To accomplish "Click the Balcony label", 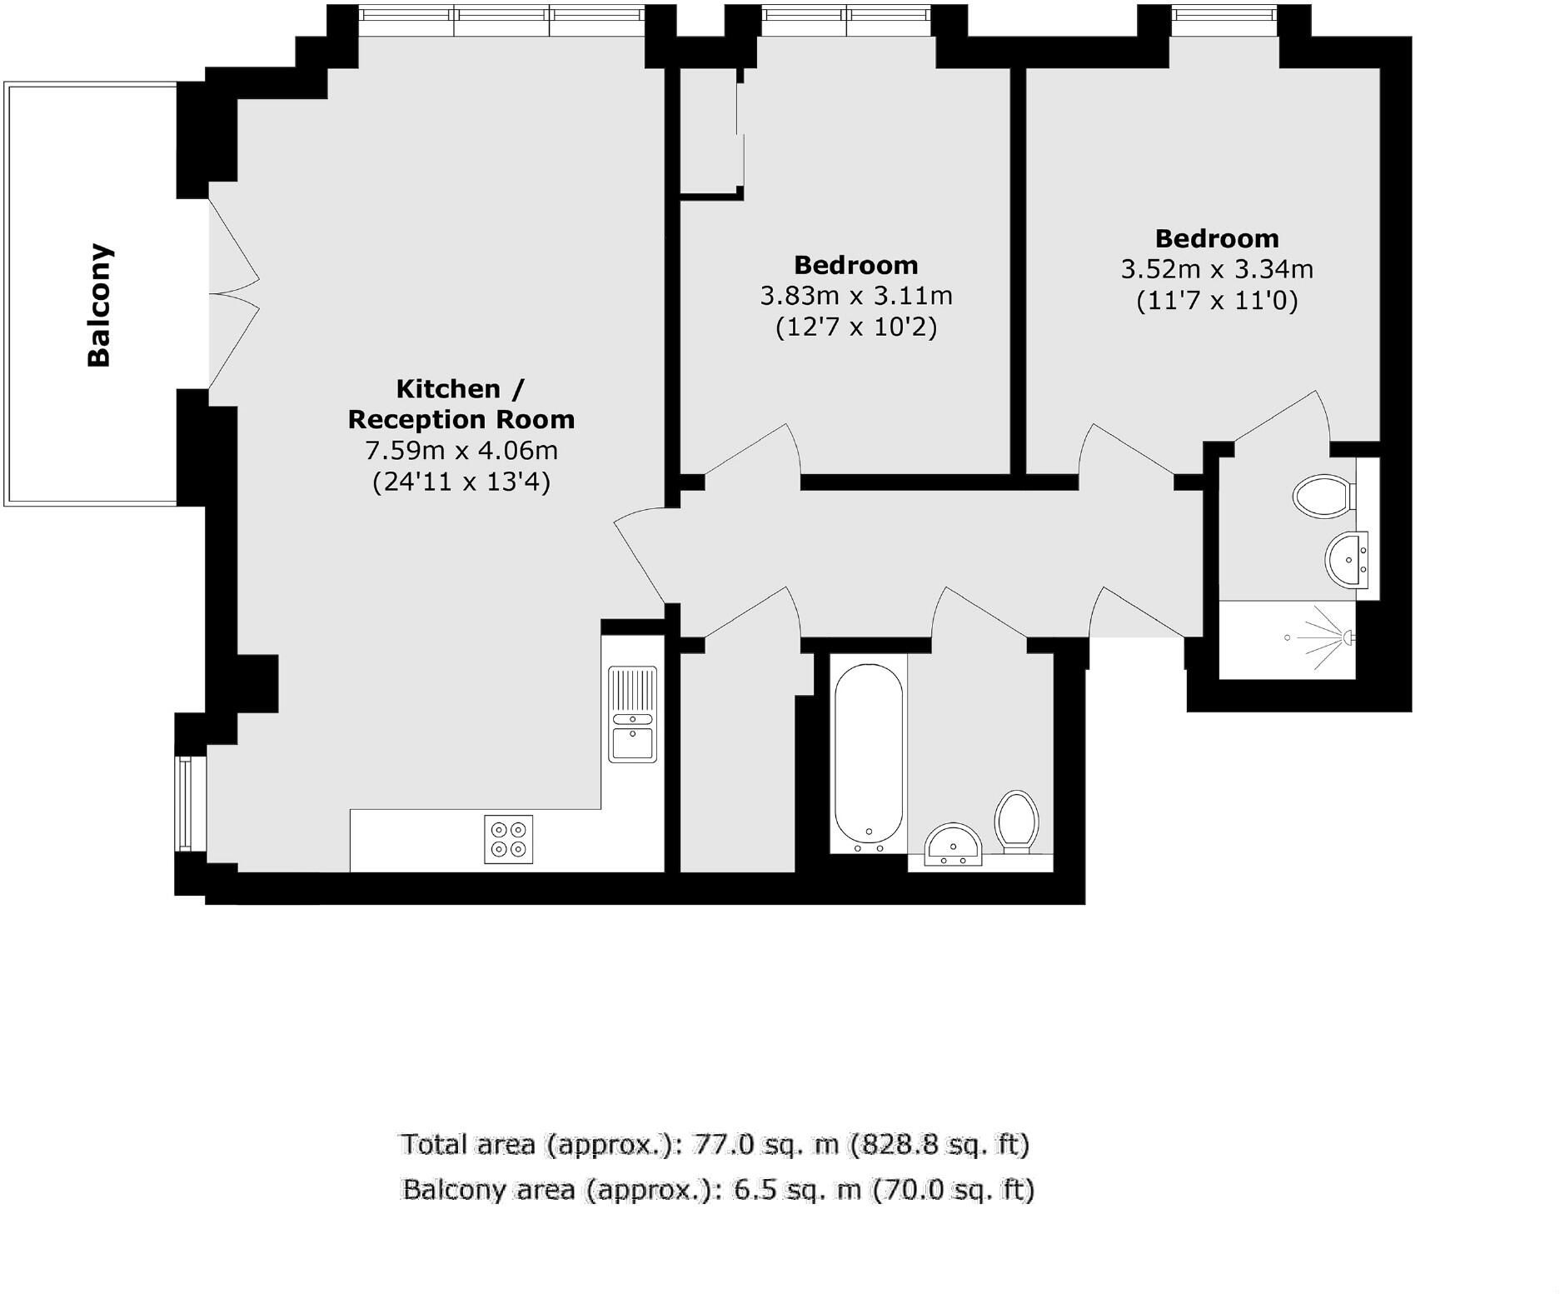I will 100,306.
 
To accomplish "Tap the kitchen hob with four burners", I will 508,839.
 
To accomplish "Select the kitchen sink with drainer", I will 632,714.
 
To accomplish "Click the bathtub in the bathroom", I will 869,753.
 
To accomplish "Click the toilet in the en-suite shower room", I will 1323,497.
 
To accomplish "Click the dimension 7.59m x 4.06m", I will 461,451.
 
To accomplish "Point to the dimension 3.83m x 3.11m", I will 856,296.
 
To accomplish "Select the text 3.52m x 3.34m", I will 1217,270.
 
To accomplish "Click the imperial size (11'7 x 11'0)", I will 1217,301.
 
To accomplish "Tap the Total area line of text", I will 715,1144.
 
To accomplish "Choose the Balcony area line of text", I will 718,1189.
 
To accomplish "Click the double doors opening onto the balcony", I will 233,293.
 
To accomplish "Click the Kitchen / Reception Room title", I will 461,404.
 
